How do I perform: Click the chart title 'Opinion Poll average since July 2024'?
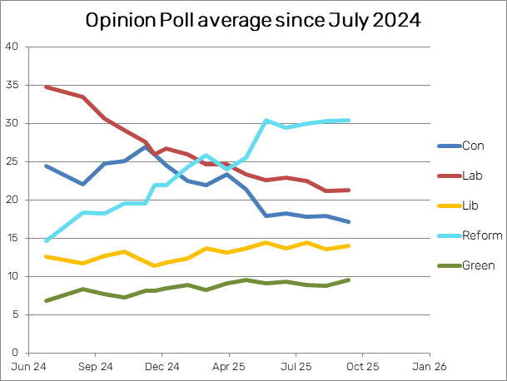click(x=253, y=20)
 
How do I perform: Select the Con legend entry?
click(x=472, y=146)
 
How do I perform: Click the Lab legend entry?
click(x=471, y=176)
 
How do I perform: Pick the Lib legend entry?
click(x=470, y=205)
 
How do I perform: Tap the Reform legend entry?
click(x=479, y=235)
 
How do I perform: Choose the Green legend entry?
click(x=478, y=265)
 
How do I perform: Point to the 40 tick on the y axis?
click(x=12, y=47)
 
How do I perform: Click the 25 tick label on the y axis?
click(x=12, y=161)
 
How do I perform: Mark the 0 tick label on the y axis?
click(x=16, y=353)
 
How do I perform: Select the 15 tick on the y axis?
click(x=12, y=238)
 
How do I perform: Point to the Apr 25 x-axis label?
click(x=227, y=366)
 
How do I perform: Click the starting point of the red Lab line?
click(x=46, y=87)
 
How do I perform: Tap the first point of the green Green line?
click(x=46, y=300)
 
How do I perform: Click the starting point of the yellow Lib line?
click(x=46, y=256)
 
